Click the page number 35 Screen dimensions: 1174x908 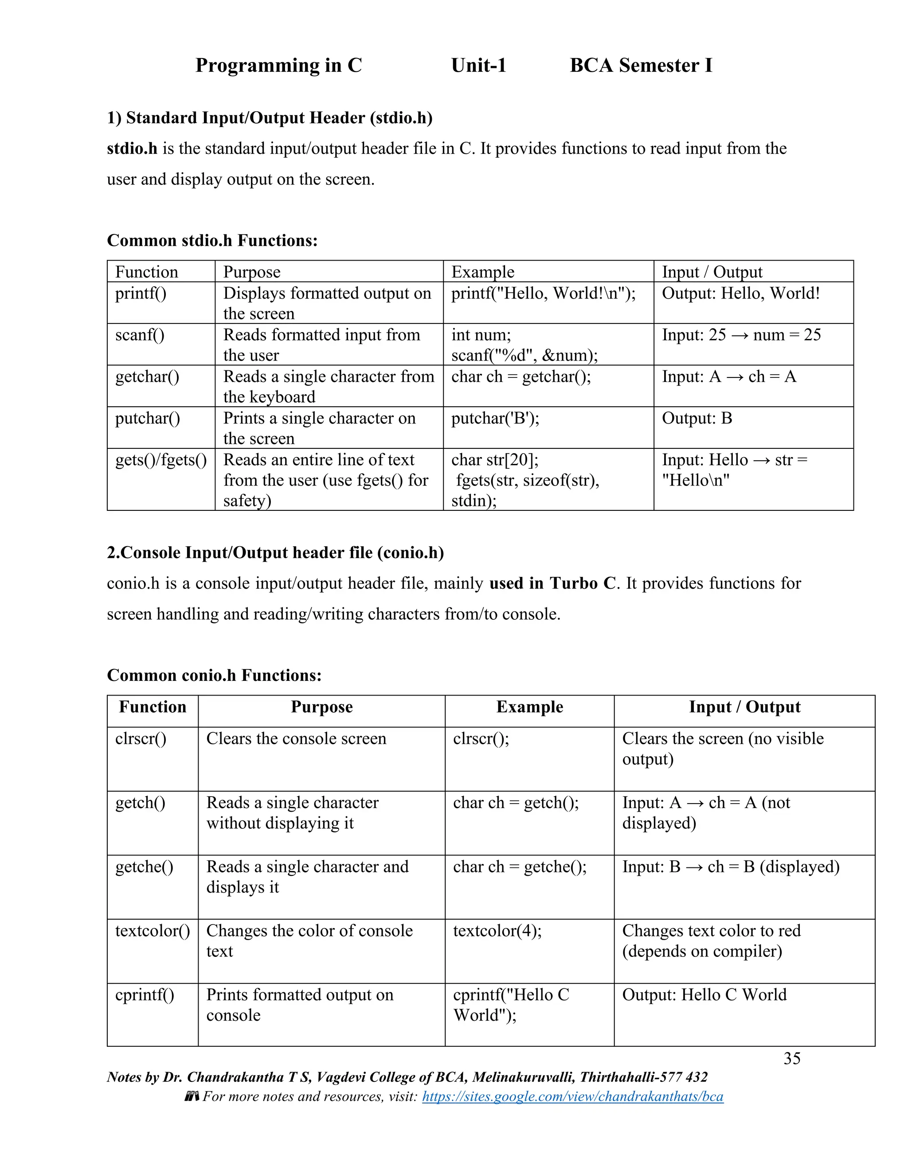792,1058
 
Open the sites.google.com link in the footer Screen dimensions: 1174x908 572,1096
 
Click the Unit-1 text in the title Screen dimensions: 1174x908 478,65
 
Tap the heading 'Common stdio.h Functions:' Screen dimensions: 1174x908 212,240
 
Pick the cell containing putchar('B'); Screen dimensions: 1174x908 495,418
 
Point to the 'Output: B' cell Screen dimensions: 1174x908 697,418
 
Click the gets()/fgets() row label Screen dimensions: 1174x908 161,460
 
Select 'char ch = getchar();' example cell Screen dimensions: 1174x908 521,377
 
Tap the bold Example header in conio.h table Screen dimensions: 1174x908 529,707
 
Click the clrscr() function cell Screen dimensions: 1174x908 141,739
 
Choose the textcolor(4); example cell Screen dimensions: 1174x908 497,930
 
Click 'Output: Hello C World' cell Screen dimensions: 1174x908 704,995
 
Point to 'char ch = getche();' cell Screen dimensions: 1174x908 520,867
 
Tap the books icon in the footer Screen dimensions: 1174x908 192,1096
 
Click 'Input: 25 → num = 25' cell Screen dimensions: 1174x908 741,335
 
